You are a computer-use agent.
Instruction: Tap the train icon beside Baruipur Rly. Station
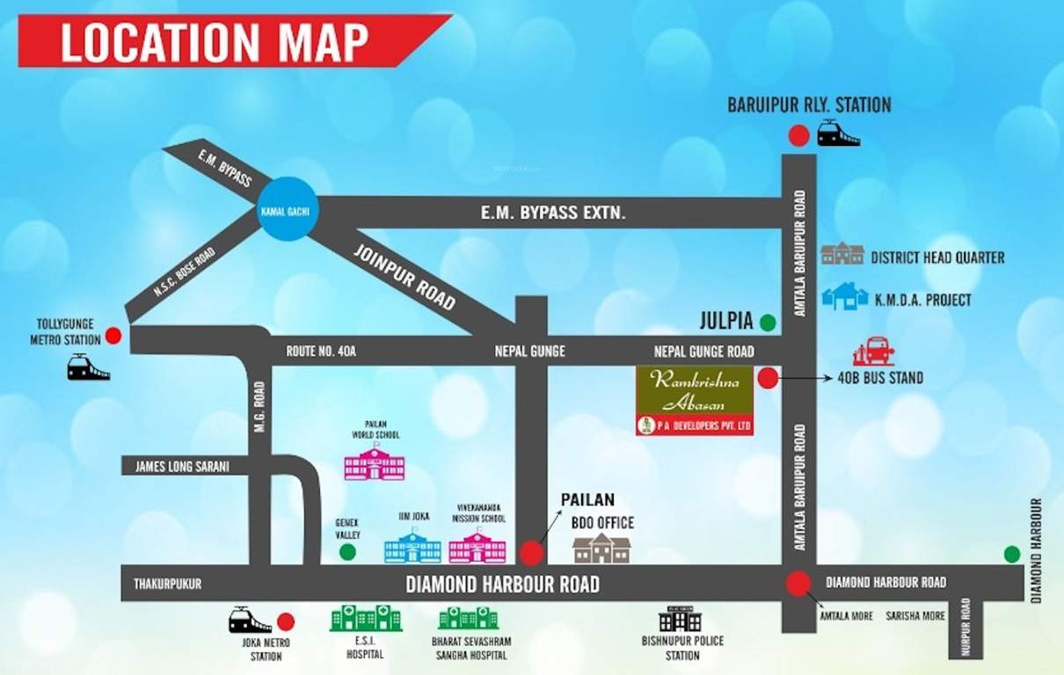pos(838,134)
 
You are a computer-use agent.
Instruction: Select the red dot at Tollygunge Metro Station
pos(113,335)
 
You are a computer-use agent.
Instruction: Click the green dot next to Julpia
pos(768,323)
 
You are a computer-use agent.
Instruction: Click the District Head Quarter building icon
pos(842,254)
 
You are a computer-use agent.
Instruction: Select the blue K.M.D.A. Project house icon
pos(844,296)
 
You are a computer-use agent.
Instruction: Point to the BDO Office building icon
pos(601,548)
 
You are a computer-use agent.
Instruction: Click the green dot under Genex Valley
pos(348,552)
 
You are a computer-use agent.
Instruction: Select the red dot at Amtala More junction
pos(798,584)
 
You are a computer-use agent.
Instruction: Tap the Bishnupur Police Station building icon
pos(680,619)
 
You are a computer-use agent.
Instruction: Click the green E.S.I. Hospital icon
pos(366,618)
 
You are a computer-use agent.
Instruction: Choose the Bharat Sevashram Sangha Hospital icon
pos(468,618)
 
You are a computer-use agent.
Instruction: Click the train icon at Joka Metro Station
pos(250,621)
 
